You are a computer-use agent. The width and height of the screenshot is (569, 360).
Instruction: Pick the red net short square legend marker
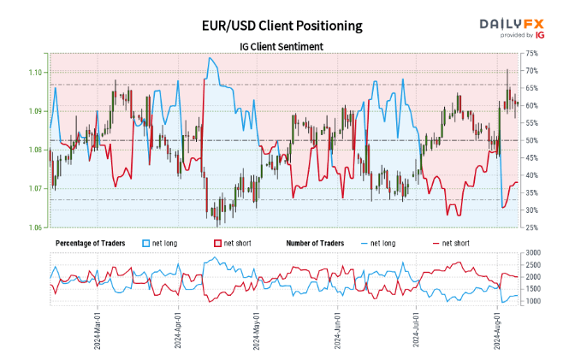point(218,244)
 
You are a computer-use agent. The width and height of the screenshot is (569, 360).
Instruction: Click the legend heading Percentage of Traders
point(90,244)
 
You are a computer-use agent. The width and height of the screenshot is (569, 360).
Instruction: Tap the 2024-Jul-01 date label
point(417,329)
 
